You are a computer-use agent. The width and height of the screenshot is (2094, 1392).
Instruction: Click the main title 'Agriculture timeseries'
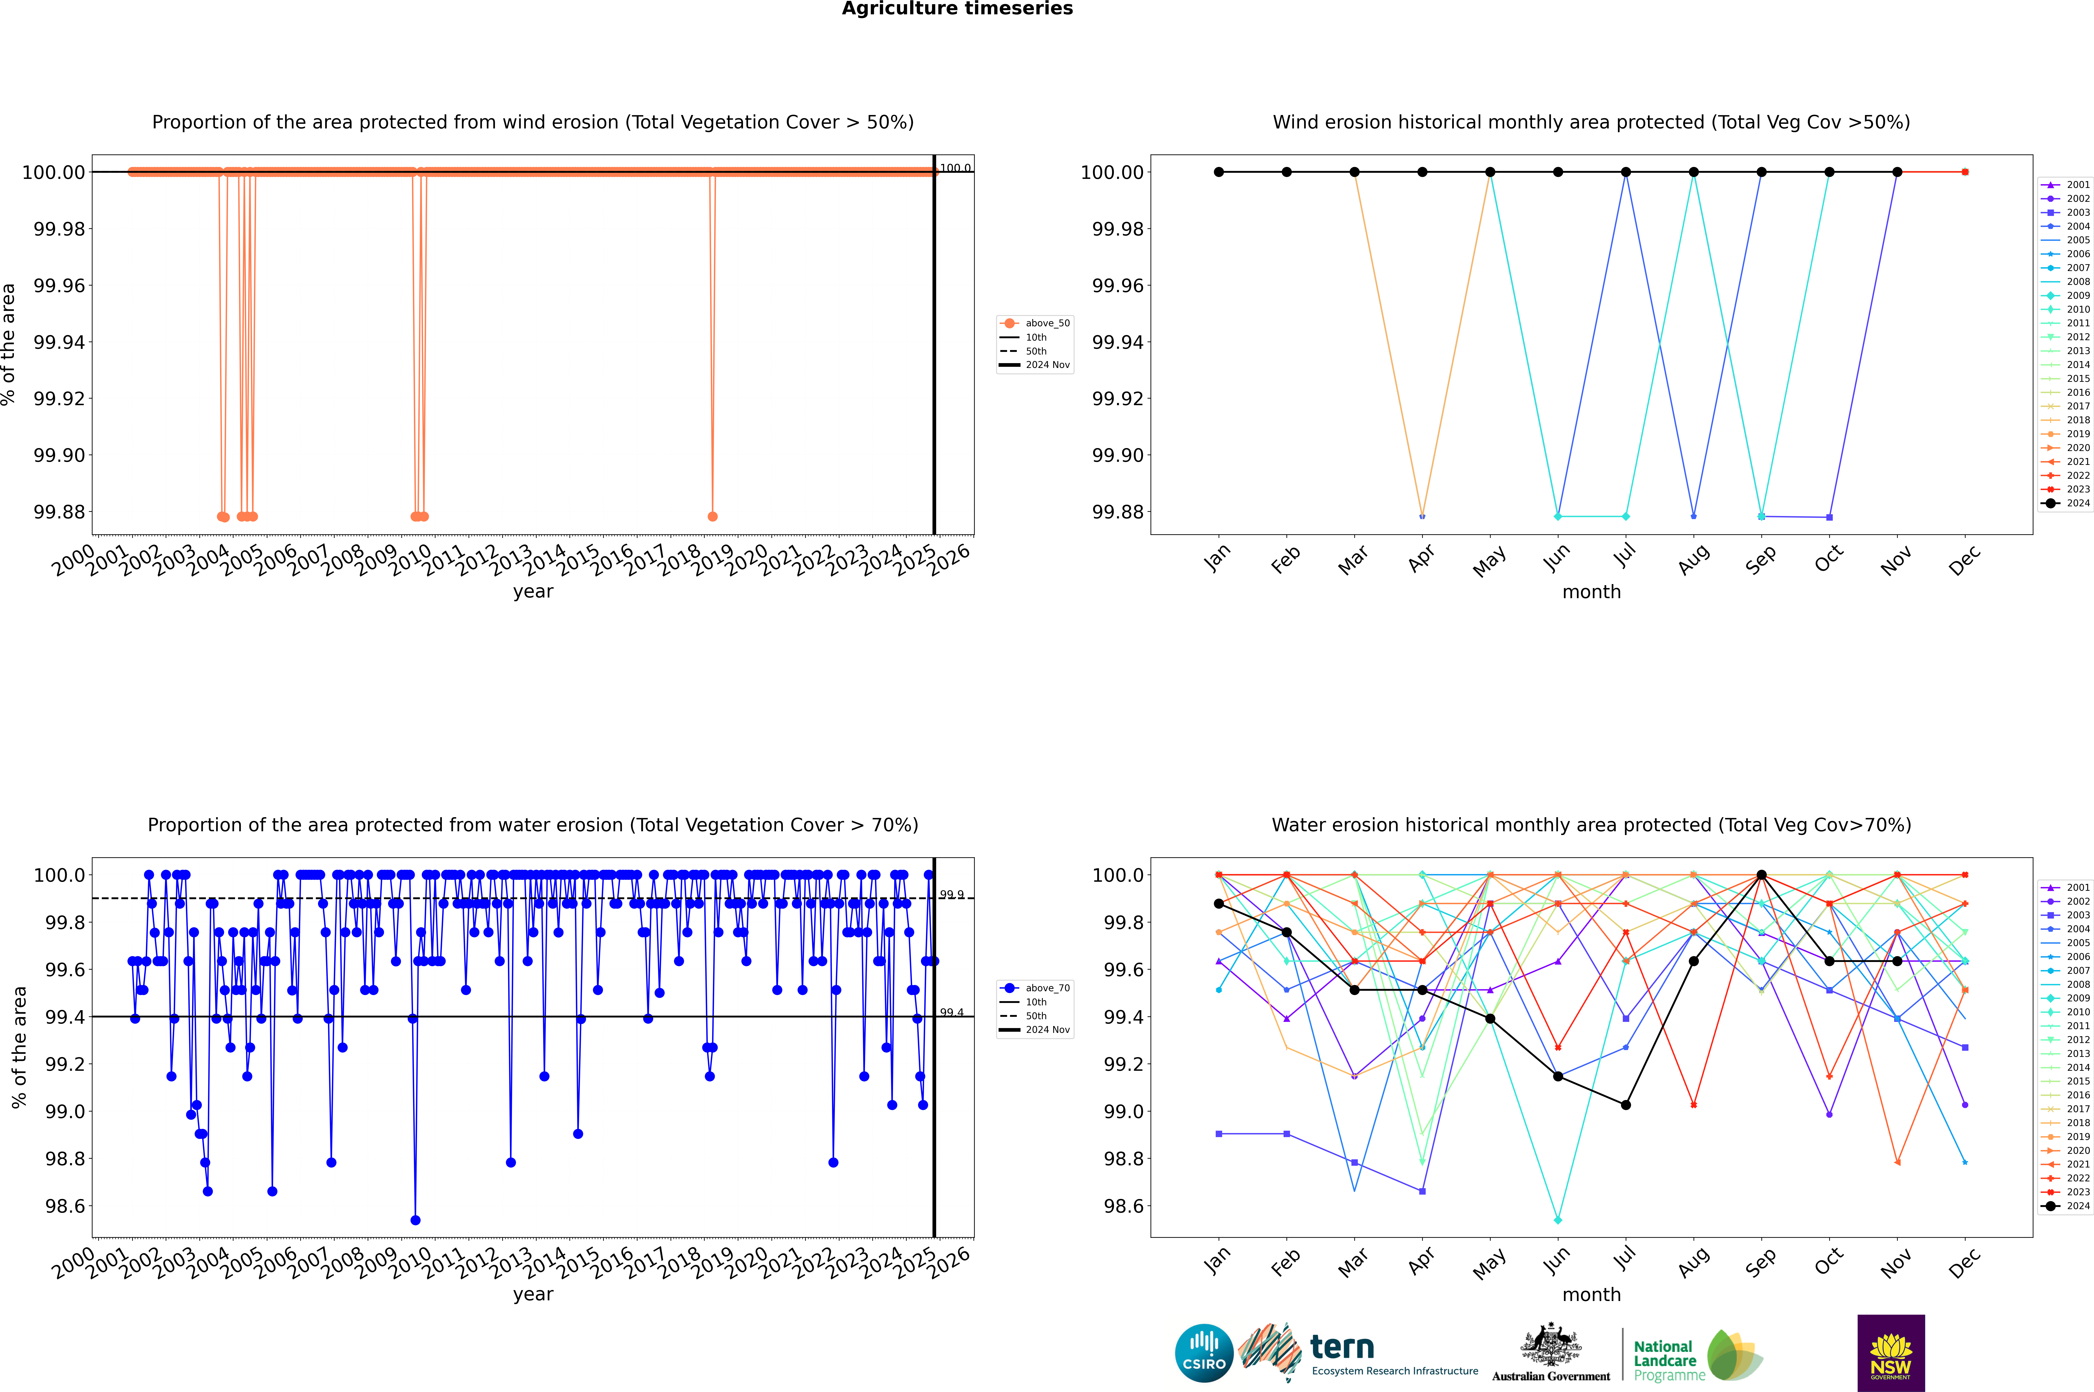[957, 9]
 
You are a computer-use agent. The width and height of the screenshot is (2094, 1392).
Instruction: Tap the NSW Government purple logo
[1891, 1353]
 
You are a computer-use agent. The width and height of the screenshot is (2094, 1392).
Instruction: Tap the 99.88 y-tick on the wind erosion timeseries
[59, 512]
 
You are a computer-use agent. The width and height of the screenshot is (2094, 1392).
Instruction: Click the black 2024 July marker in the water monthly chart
[1625, 1105]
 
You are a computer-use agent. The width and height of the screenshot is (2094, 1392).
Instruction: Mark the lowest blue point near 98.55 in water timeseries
[415, 1221]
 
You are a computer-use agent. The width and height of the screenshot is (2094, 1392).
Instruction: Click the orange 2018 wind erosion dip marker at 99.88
[712, 517]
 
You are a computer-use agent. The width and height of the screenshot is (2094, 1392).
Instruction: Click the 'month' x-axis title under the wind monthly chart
[1591, 592]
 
